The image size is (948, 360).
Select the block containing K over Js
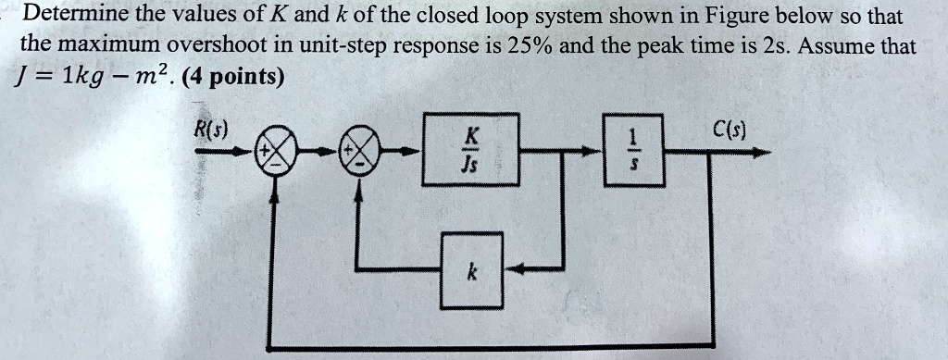470,149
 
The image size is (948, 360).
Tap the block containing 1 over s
633,149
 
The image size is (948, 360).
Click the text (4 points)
235,77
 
